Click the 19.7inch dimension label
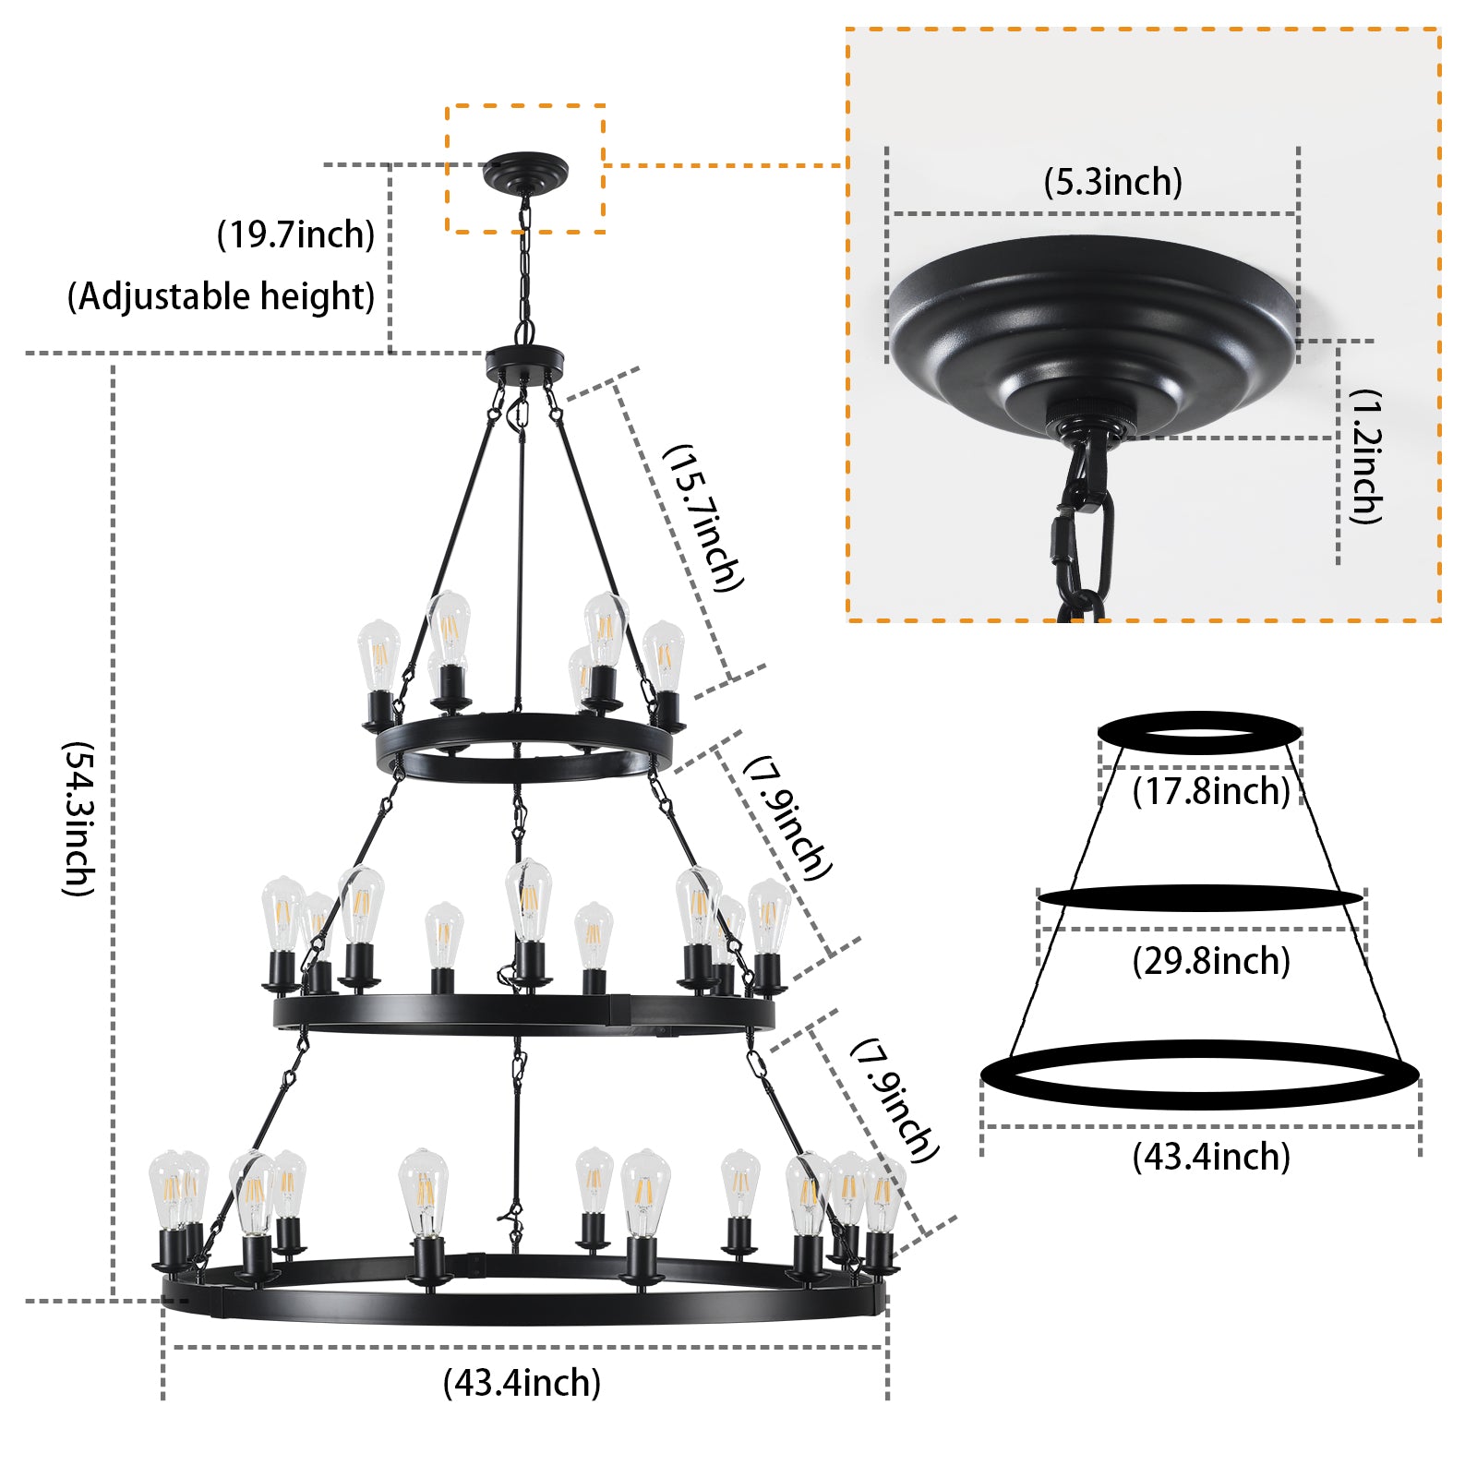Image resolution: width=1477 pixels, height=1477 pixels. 295,234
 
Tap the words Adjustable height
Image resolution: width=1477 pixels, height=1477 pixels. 222,296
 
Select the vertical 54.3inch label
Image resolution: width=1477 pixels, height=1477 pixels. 78,818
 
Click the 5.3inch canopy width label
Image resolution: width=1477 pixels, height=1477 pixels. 1112,182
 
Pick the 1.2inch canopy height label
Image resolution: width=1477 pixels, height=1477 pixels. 1365,456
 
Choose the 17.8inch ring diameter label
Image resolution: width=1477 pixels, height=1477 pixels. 1210,791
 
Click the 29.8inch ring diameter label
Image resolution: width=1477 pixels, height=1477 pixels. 1210,961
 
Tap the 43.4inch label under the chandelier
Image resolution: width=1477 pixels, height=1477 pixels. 522,1383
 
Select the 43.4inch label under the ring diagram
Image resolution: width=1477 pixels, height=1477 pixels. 1210,1157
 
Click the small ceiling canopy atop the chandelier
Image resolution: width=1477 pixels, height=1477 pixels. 525,172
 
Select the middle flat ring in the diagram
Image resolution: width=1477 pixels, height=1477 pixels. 1199,897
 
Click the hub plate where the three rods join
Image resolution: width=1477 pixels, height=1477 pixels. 524,361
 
